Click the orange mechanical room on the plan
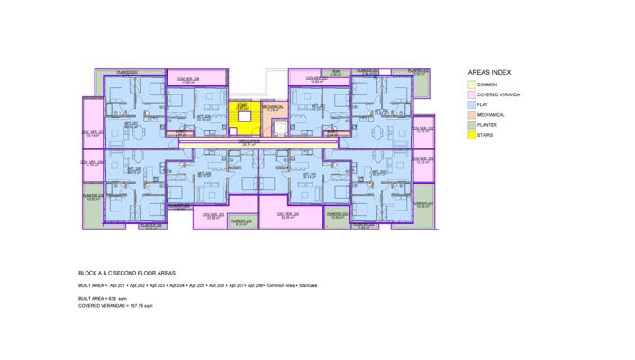[x=274, y=112]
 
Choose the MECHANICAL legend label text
[x=492, y=115]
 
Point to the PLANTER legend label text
[x=488, y=126]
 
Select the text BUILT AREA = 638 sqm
[x=105, y=297]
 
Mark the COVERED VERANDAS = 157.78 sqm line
[x=116, y=306]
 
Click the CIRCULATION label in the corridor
[x=249, y=141]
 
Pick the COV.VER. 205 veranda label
[x=290, y=214]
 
